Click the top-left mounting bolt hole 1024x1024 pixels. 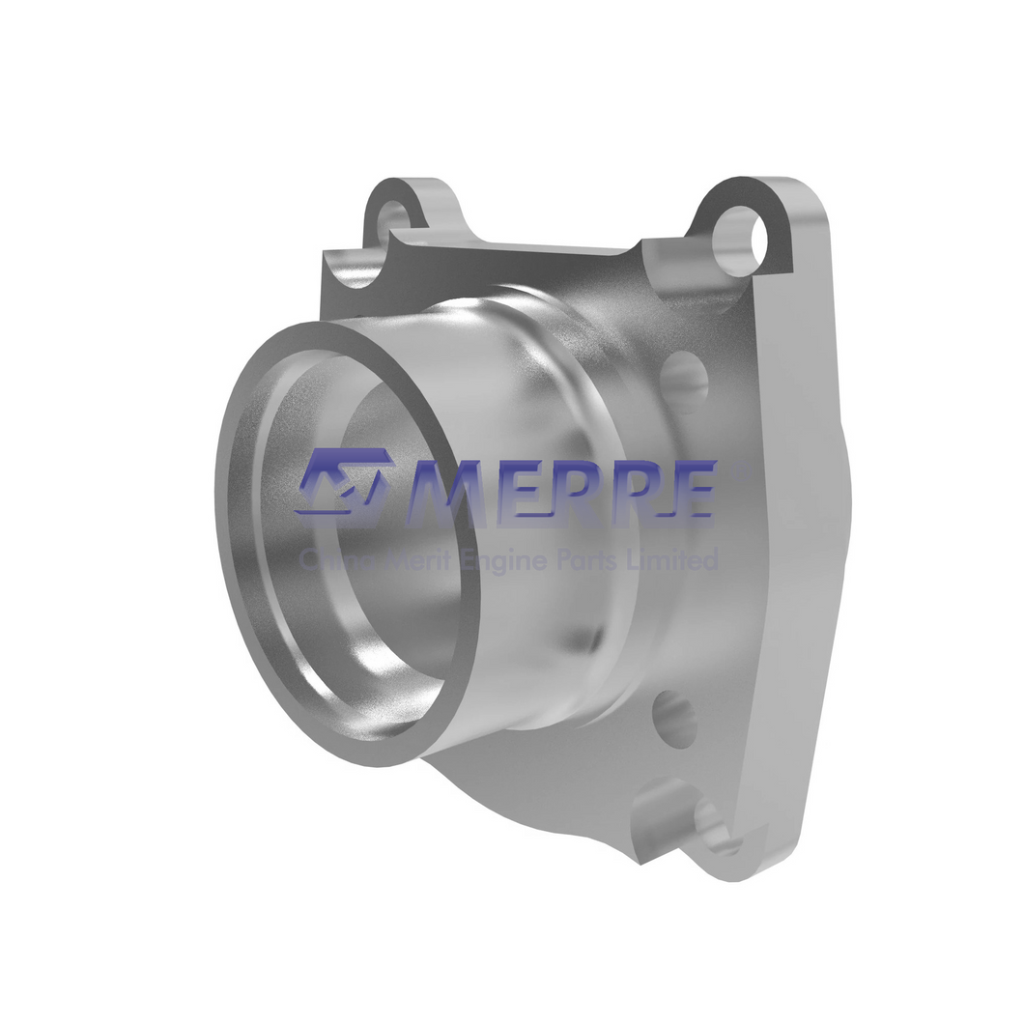click(x=394, y=213)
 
